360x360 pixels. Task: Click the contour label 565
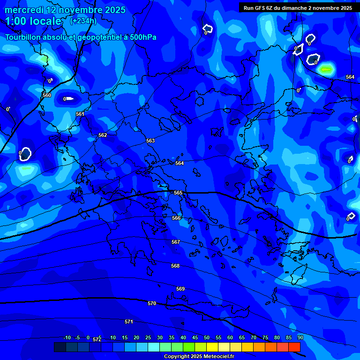178,193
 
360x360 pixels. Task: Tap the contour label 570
152,303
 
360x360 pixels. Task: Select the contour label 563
150,141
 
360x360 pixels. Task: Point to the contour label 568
175,266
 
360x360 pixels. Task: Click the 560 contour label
47,95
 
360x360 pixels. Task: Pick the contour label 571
129,322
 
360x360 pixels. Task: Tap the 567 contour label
176,242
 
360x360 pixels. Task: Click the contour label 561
80,114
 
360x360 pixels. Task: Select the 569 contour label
180,289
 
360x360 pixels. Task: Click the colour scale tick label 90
300,337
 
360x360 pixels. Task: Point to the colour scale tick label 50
207,337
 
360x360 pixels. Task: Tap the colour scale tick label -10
67,337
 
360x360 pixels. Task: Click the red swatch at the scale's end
294,347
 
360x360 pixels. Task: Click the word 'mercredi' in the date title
24,10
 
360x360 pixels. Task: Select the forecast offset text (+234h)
83,21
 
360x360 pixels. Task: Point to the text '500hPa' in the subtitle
139,37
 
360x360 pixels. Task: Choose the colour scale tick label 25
148,337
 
